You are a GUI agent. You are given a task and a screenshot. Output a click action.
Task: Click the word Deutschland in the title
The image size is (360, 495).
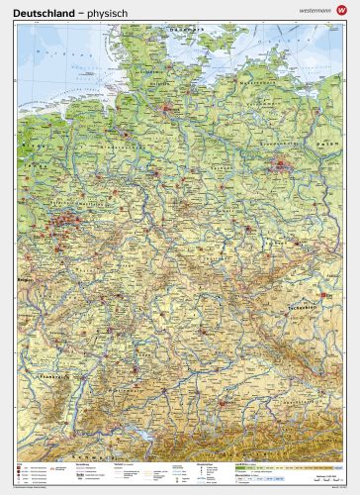coord(43,11)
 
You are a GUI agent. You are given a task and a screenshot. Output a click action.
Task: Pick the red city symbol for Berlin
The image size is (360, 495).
coord(284,162)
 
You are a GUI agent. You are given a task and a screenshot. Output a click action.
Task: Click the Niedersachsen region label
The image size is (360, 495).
coord(148,148)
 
